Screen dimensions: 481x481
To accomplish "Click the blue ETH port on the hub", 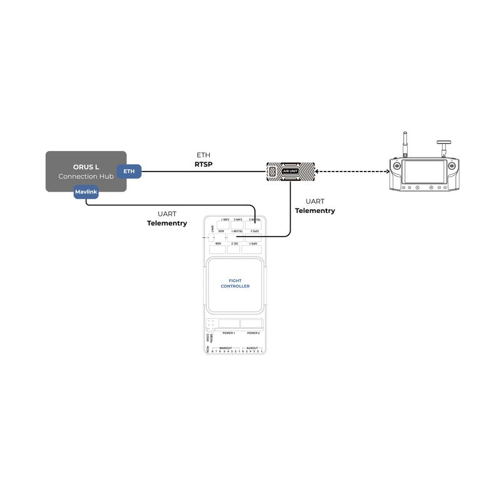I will [x=129, y=171].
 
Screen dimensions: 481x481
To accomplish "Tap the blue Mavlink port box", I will [x=86, y=192].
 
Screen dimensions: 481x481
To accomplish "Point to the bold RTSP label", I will [x=204, y=164].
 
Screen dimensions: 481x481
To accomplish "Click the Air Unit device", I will [x=291, y=172].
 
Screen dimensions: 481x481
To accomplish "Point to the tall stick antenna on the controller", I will [x=405, y=143].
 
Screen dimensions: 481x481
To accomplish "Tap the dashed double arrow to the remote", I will [x=351, y=172].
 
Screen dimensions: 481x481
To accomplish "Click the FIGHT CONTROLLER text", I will [x=235, y=284].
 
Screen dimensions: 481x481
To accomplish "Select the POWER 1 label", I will [x=229, y=333].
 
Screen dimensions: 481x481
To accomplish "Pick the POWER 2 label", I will [x=253, y=333].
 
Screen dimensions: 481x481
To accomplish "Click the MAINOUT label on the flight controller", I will [x=225, y=348].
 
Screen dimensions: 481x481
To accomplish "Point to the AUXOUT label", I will [x=252, y=348].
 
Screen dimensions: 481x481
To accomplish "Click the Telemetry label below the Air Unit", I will [x=314, y=211].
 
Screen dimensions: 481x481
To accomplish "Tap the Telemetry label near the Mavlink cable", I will [x=167, y=224].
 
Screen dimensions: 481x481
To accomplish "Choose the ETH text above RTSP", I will [x=204, y=155].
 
